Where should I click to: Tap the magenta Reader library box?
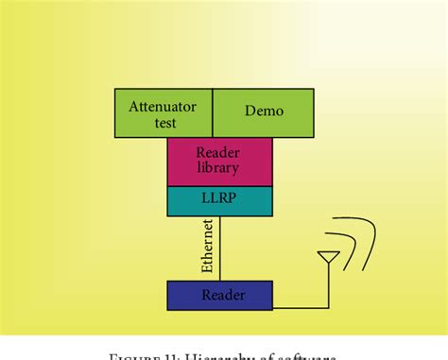coord(219,161)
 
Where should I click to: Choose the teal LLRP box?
coord(219,200)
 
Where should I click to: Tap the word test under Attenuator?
coord(164,122)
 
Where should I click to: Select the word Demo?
coord(264,111)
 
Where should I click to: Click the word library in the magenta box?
coord(219,168)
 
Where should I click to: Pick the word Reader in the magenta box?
coord(219,152)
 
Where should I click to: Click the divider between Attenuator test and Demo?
coord(212,112)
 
